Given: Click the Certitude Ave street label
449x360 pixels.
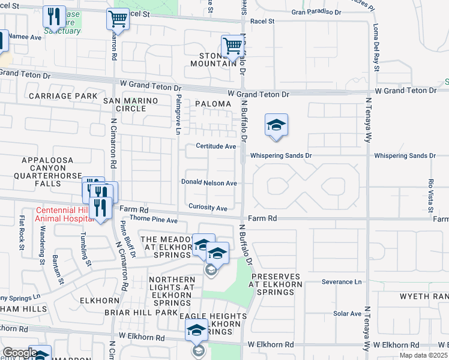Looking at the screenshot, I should click(x=216, y=146).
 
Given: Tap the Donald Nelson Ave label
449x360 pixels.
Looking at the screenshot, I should click(x=209, y=183).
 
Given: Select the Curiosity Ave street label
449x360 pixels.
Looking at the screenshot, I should click(x=207, y=208).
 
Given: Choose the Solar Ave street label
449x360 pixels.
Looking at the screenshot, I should click(x=348, y=313).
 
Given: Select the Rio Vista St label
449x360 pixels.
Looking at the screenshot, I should click(x=430, y=196).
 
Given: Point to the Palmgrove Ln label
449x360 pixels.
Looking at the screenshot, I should click(x=178, y=114).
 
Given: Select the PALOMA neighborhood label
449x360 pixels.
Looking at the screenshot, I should click(x=212, y=104).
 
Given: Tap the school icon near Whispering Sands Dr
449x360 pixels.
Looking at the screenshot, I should click(x=276, y=125).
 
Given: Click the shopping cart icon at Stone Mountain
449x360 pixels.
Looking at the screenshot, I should click(x=232, y=45).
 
